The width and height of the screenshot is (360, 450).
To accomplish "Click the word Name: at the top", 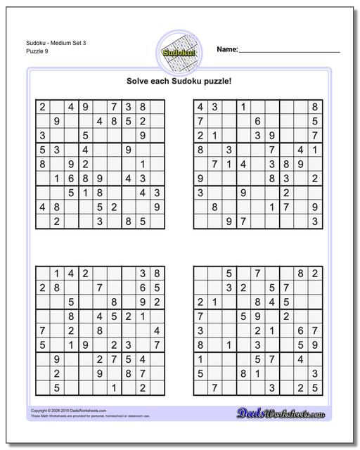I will [x=227, y=50].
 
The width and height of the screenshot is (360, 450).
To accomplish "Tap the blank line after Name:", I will [x=290, y=51].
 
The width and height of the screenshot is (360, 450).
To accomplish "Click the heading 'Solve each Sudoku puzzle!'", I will [x=179, y=82].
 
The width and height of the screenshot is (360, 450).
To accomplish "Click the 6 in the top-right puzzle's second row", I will [x=257, y=121].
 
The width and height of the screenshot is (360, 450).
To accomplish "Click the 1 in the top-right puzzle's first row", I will [x=243, y=107].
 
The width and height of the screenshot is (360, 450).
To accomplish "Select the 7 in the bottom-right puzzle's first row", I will [x=257, y=273].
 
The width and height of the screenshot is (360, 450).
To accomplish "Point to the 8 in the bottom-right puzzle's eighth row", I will [x=243, y=373].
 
